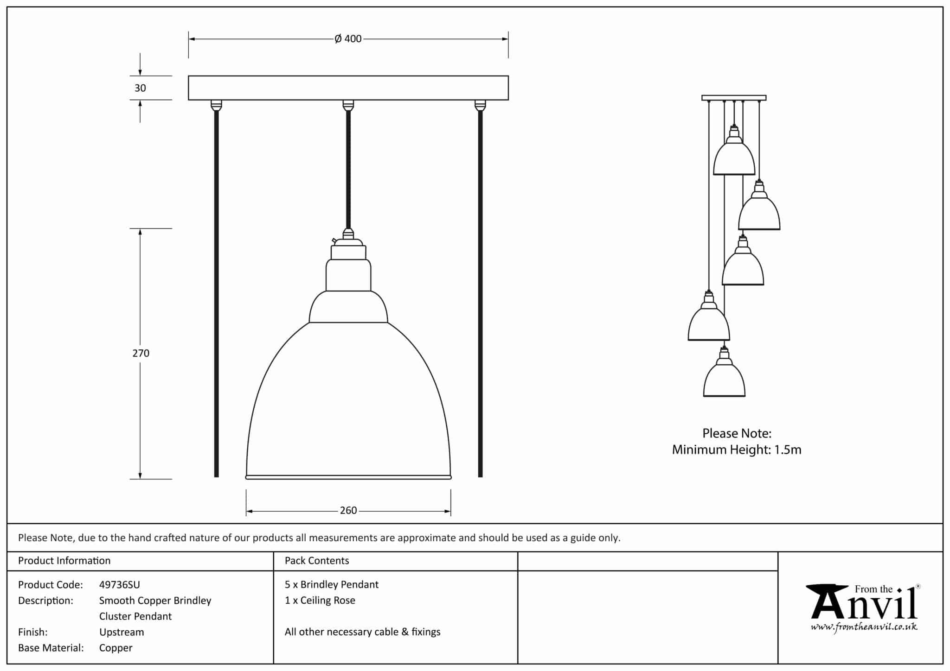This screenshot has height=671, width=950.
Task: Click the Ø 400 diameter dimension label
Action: click(348, 39)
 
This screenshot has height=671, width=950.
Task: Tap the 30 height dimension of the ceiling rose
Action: click(140, 88)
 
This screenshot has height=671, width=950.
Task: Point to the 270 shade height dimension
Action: click(141, 353)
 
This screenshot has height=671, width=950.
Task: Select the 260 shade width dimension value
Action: click(348, 511)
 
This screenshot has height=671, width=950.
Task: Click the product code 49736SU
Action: click(119, 585)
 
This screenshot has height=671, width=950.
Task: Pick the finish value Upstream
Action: click(122, 632)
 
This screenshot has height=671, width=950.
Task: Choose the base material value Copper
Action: click(116, 648)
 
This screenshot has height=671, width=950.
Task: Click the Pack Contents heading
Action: click(317, 561)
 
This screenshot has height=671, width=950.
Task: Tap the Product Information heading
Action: click(64, 561)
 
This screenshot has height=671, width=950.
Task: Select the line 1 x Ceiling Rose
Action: click(320, 601)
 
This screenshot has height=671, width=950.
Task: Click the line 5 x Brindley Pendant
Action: click(331, 585)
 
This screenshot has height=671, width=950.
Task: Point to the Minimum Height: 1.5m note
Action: click(737, 449)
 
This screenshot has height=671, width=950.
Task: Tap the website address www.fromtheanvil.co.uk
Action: click(864, 627)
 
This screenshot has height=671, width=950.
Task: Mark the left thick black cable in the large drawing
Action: click(216, 292)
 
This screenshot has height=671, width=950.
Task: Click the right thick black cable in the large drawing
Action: click(480, 292)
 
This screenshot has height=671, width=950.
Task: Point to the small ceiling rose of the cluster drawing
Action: click(734, 98)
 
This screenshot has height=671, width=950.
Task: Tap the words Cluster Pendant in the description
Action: click(135, 616)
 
